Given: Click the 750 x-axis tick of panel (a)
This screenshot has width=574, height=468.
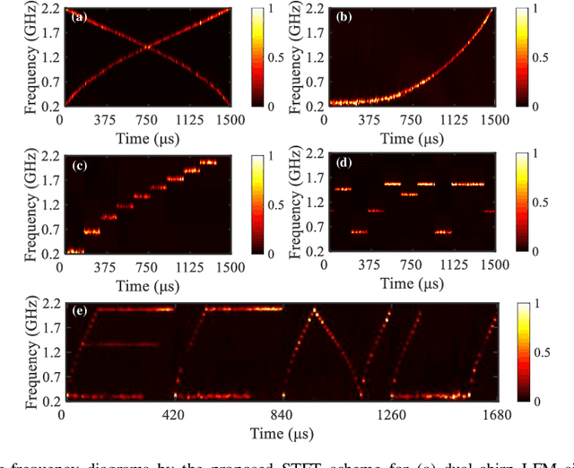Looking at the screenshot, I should [148, 117].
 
